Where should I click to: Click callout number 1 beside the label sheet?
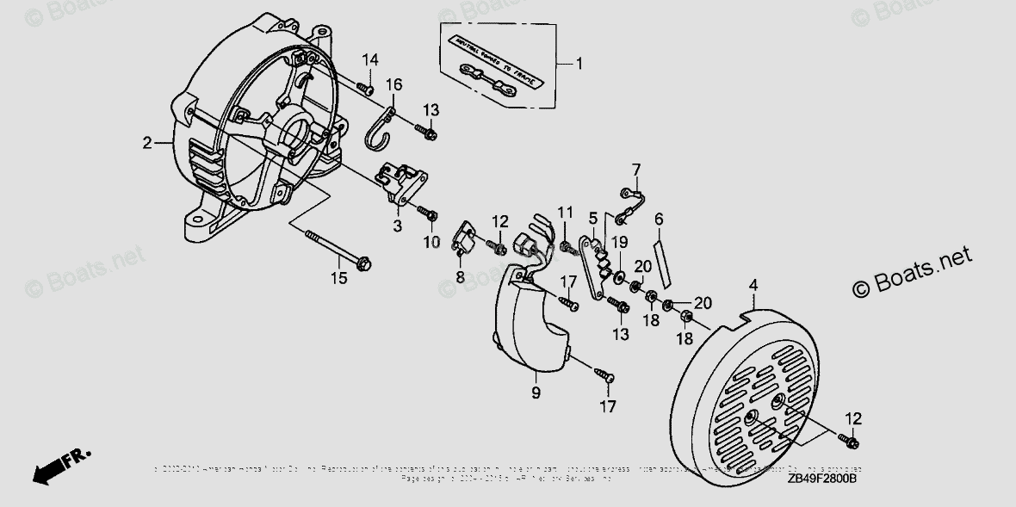coord(579,62)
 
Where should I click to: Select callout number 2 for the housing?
coord(147,142)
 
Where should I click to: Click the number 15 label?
coord(338,277)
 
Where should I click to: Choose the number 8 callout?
coord(461,277)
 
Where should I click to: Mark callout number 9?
coord(535,393)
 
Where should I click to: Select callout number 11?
coord(565,212)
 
